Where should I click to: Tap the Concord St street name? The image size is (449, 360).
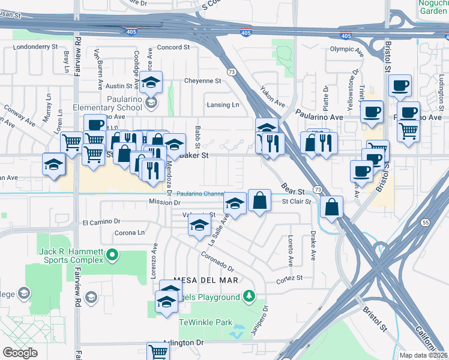click(173, 47)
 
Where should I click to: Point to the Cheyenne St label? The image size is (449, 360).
click(203, 80)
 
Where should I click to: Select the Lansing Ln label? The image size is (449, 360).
click(218, 105)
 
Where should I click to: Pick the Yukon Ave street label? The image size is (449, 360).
click(271, 97)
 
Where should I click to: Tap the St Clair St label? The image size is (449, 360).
click(297, 202)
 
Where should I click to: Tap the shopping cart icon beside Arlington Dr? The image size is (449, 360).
click(158, 352)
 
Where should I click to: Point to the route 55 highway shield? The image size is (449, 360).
click(425, 222)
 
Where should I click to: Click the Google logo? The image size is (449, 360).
click(20, 353)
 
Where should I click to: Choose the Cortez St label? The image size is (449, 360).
click(288, 278)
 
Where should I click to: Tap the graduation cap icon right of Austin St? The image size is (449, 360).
click(152, 81)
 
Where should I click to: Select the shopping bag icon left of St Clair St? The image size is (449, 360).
click(259, 200)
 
